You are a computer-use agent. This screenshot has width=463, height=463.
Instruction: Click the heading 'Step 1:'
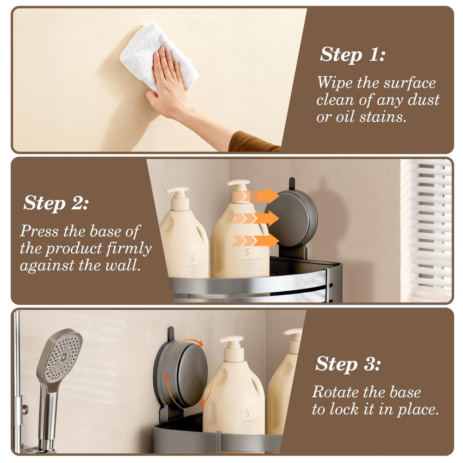tap(352, 54)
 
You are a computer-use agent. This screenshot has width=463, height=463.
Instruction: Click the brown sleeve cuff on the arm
tap(252, 142)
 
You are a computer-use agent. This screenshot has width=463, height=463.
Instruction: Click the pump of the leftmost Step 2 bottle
tap(178, 194)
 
